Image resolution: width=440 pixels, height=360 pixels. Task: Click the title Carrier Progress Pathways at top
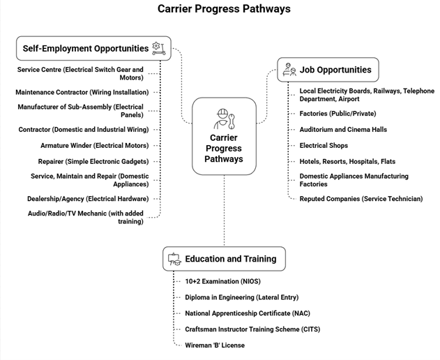tap(223, 9)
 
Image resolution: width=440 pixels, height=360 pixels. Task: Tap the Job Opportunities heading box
tap(328, 70)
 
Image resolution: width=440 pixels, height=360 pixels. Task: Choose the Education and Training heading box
tap(223, 258)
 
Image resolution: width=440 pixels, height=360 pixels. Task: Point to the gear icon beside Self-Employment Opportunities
tap(158, 48)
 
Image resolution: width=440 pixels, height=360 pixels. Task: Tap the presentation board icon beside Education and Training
tap(174, 259)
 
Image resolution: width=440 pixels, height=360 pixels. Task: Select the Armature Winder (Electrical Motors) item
tap(94, 145)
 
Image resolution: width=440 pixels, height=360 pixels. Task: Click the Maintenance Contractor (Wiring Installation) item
tap(82, 91)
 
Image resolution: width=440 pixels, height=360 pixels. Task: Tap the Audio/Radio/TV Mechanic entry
tap(86, 217)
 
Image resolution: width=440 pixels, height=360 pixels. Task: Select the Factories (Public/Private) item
tap(337, 112)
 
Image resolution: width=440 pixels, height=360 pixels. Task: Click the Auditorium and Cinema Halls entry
tap(343, 129)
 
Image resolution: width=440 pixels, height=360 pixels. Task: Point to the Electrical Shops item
tap(324, 145)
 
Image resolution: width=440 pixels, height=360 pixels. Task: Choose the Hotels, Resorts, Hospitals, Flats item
tap(347, 161)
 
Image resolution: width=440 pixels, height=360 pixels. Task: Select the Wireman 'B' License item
tap(215, 345)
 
